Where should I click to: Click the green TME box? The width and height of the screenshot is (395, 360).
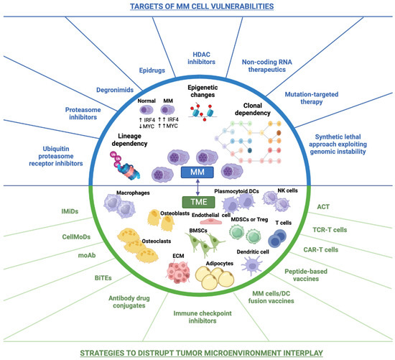[197, 203]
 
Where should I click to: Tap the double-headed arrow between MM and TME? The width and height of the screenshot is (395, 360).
[197, 188]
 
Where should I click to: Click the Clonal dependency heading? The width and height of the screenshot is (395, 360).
[254, 110]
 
